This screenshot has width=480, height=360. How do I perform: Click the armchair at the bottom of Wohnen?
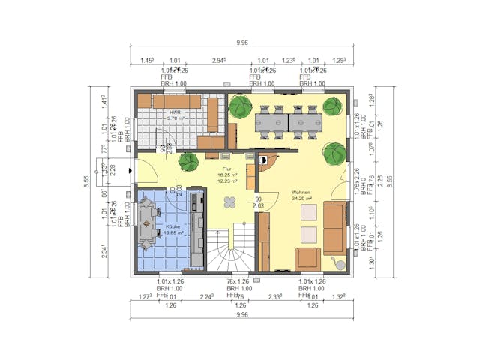[x=307, y=257]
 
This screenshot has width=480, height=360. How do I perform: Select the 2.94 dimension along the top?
[x=220, y=60]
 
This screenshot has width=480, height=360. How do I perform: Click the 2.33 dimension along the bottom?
[x=276, y=297]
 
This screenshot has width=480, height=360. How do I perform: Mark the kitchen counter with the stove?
[x=197, y=229]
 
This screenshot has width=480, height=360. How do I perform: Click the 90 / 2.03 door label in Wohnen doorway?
[x=258, y=202]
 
